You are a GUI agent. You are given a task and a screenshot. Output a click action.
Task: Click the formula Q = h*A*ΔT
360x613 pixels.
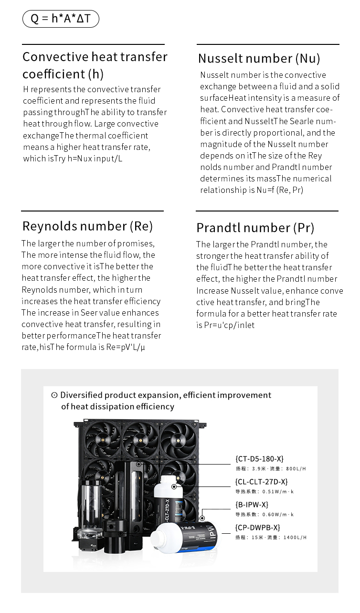tap(61, 19)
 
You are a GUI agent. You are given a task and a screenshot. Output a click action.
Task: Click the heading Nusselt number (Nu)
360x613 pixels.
tap(259, 58)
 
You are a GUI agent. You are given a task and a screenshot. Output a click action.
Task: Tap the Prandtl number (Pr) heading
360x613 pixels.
tap(255, 227)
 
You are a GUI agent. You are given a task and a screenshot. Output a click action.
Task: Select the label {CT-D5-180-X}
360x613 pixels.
tap(259, 459)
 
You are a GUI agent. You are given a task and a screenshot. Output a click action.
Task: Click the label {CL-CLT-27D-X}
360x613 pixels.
tap(261, 482)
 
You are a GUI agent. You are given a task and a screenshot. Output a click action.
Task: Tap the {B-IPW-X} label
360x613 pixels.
tap(252, 505)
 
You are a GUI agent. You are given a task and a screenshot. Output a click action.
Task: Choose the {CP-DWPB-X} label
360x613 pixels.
tap(257, 528)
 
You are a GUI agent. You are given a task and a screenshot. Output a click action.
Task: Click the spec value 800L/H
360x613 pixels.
tap(296, 469)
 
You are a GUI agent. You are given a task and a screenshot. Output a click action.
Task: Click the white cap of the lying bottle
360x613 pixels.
tap(159, 538)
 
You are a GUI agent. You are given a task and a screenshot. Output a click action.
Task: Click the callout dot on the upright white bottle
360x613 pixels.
tap(175, 486)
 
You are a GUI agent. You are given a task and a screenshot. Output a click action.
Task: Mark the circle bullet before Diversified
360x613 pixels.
tap(54, 395)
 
